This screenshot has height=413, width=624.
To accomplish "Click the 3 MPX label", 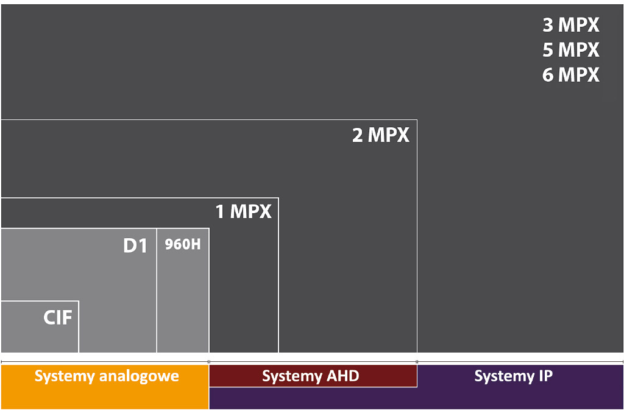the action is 570,24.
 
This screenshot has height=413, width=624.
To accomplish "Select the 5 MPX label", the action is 570,50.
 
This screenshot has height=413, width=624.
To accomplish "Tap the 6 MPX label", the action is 570,75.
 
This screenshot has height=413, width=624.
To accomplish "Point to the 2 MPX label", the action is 380,135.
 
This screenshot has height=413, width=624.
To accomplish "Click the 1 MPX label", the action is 243,211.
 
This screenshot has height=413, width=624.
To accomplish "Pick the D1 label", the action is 135,245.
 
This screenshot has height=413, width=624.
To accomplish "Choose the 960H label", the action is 183,244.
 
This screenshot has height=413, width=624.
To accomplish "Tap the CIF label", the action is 58,317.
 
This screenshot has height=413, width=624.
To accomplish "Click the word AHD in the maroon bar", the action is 342,376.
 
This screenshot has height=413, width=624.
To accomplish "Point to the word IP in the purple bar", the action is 545,376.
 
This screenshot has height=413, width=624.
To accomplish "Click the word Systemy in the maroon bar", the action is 292,376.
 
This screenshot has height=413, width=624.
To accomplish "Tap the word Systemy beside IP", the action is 504,376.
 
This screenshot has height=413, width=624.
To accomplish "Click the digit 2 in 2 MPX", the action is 357,135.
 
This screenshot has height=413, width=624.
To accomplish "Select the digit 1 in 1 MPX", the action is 219,211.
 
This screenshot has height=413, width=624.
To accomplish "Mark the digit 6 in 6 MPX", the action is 548,75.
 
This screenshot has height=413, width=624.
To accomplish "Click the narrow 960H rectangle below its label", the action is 183,302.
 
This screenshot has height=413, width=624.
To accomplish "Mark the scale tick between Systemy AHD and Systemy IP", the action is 417,362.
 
